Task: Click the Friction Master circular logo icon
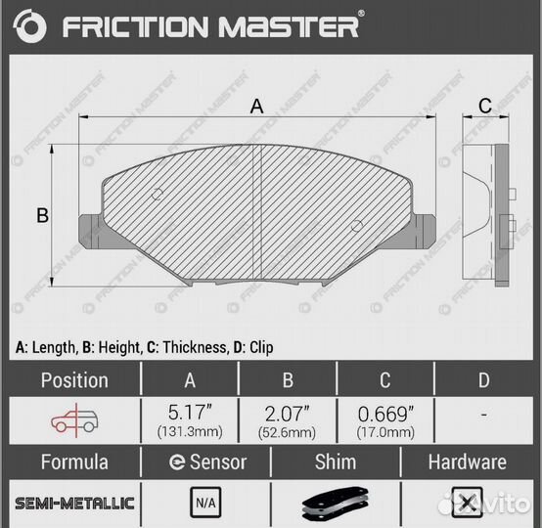pyautogui.click(x=29, y=26)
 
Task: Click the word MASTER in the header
pyautogui.click(x=289, y=26)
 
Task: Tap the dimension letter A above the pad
pyautogui.click(x=256, y=106)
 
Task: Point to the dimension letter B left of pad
pyautogui.click(x=42, y=215)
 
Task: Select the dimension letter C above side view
pyautogui.click(x=485, y=106)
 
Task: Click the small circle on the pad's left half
pyautogui.click(x=158, y=195)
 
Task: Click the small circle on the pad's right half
pyautogui.click(x=357, y=226)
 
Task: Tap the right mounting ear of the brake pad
pyautogui.click(x=425, y=231)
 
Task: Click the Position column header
pyautogui.click(x=74, y=380)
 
